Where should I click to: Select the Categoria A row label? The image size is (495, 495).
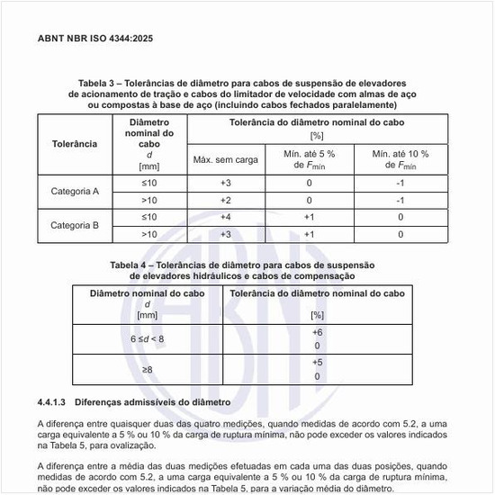tap(75, 191)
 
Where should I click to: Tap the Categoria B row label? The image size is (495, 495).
tap(75, 225)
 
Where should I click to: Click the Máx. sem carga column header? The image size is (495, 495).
tap(225, 159)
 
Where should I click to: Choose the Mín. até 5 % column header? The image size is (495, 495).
tap(309, 159)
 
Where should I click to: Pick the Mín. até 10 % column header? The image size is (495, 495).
tap(400, 159)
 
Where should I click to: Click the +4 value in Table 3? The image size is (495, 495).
tap(225, 217)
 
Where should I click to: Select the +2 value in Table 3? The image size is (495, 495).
tap(225, 200)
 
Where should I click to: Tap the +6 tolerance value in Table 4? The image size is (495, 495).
tap(317, 332)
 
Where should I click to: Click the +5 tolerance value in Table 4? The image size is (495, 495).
tap(317, 363)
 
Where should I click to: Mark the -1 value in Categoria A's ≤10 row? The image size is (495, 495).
tap(400, 183)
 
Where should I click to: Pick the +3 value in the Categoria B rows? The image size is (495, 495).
tap(225, 234)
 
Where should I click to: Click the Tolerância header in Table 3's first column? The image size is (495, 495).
tap(75, 143)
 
